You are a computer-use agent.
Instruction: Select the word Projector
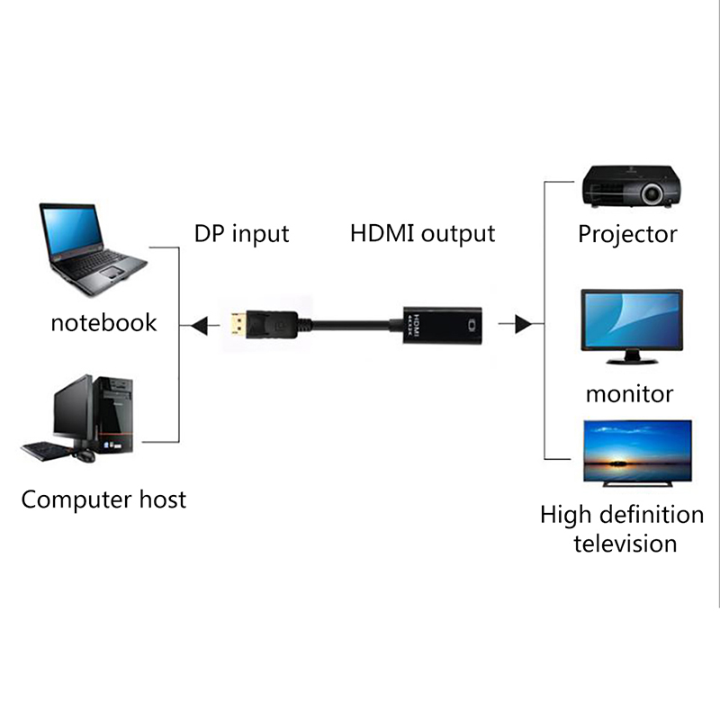click(627, 235)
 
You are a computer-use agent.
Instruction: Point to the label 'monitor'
click(629, 393)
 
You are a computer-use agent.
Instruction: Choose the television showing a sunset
click(637, 453)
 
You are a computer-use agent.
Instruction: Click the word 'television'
click(625, 544)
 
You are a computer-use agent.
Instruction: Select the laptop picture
click(90, 248)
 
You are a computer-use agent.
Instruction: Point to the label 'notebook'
click(103, 322)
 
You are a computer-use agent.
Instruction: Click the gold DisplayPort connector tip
click(238, 324)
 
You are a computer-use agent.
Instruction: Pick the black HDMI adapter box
click(440, 325)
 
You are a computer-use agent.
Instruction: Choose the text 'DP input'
click(241, 234)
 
